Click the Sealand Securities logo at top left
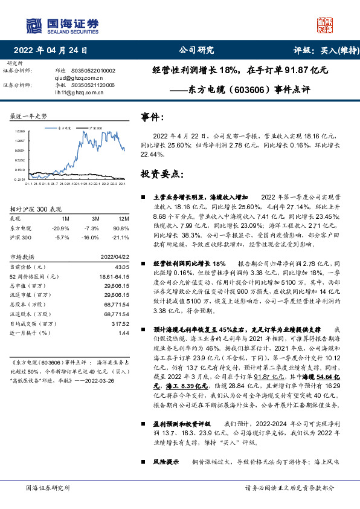(x=62, y=25)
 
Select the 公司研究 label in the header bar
(x=193, y=51)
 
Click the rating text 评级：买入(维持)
(x=318, y=51)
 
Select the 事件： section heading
(x=152, y=117)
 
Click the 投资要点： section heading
(x=161, y=173)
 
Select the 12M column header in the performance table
(x=124, y=218)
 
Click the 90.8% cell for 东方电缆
(x=123, y=228)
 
